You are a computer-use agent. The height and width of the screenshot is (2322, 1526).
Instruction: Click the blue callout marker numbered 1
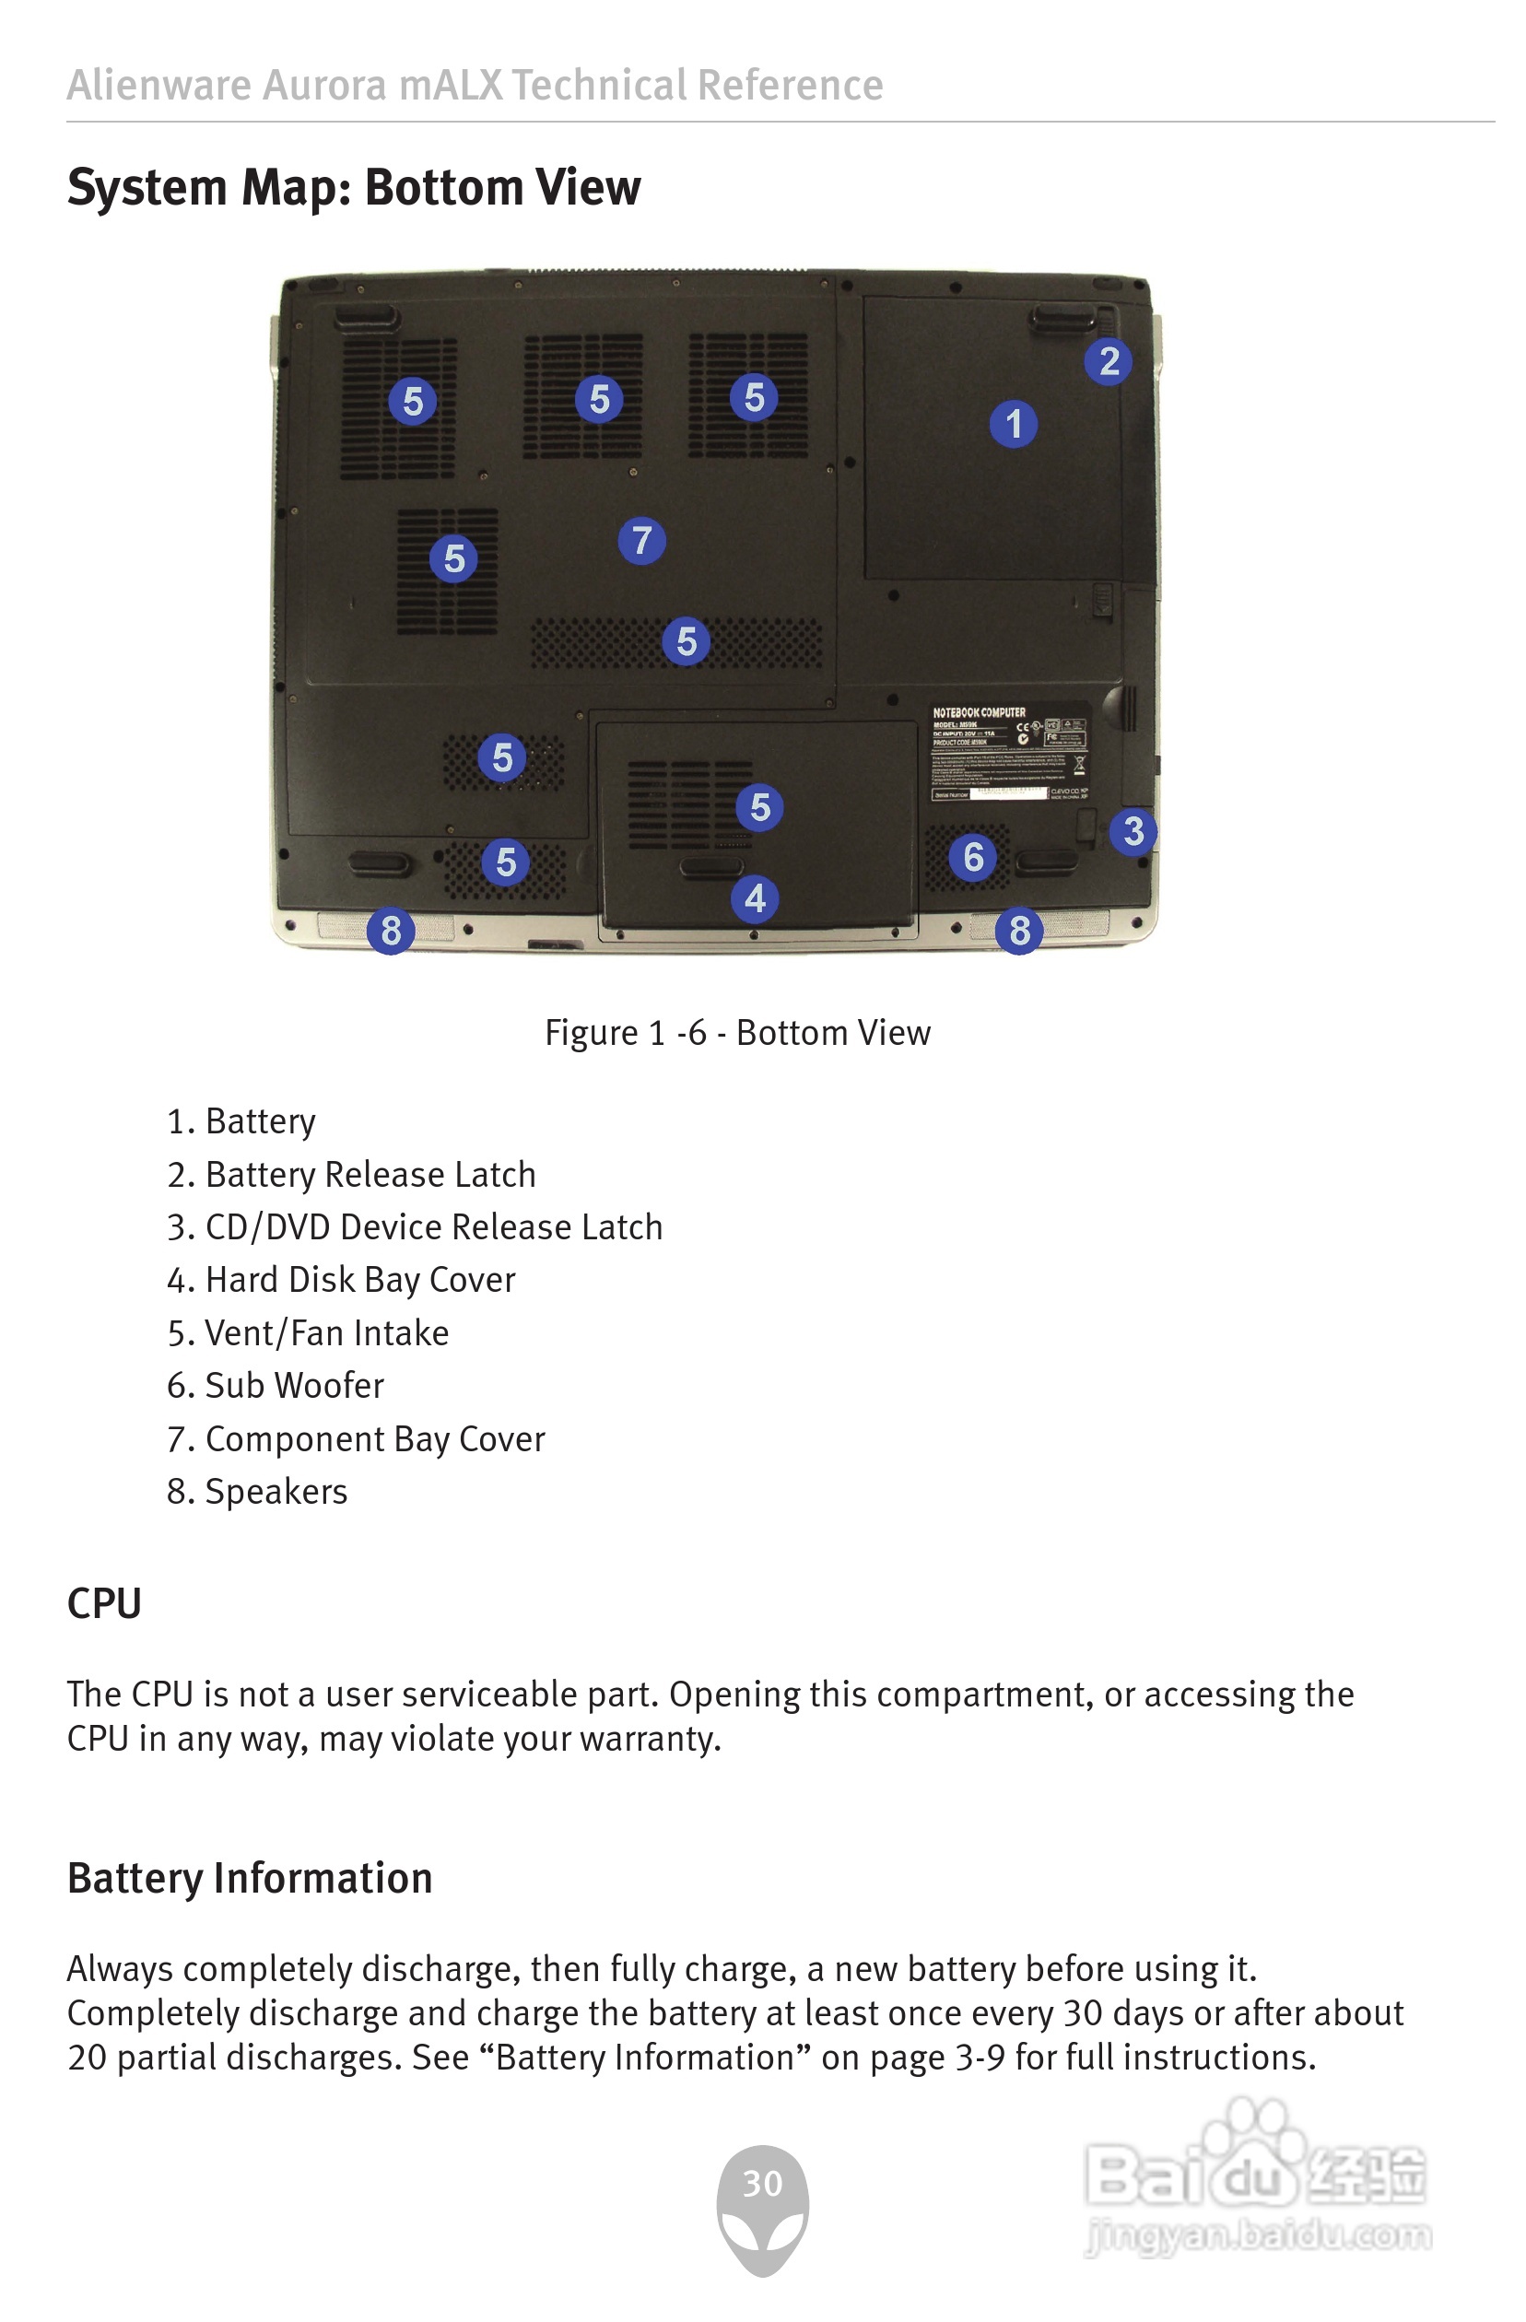1013,425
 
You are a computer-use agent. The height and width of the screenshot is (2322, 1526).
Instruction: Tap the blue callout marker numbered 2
1109,361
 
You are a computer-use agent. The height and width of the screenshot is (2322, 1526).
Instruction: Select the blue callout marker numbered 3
1133,831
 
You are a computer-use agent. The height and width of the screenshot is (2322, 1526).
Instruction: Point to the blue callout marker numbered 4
754,898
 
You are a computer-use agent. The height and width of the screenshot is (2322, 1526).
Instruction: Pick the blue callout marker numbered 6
973,858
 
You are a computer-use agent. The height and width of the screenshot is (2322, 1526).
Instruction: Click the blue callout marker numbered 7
641,541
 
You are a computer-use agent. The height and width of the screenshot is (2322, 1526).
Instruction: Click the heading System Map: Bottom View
354,187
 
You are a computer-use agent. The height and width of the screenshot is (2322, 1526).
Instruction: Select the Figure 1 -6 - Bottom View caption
737,1032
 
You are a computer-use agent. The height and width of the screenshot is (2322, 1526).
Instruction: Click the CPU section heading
104,1604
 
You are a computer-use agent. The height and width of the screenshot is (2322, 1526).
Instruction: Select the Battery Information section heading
250,1878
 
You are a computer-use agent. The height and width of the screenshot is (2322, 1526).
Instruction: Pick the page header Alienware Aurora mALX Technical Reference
475,85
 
